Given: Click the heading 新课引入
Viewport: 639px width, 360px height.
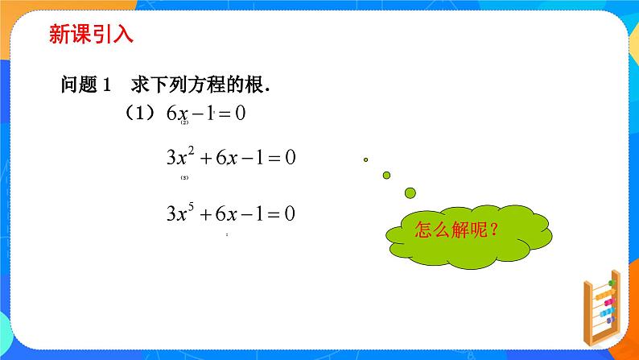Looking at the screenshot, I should [x=91, y=35].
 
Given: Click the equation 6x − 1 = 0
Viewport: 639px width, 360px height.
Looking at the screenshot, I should [x=205, y=114].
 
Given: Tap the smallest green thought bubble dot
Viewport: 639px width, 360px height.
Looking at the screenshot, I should [x=365, y=159].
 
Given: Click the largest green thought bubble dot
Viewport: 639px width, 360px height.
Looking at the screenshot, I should [x=410, y=192].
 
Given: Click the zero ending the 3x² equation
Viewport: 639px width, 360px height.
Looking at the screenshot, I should [x=291, y=158].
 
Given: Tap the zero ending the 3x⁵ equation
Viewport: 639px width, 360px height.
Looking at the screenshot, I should [x=291, y=215].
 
